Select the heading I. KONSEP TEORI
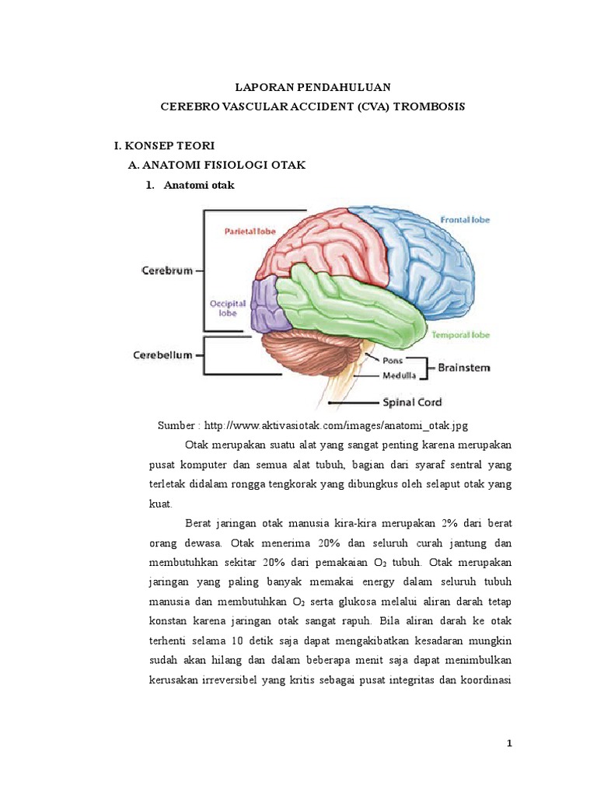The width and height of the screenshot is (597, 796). tap(164, 145)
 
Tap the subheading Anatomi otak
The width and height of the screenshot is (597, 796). tap(199, 186)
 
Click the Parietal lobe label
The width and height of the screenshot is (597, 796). tap(251, 231)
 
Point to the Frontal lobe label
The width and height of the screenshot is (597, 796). tap(465, 220)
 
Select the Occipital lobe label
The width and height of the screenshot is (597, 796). tap(227, 309)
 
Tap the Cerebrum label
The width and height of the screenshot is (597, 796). tap(167, 271)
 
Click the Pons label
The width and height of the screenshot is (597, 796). tap(393, 361)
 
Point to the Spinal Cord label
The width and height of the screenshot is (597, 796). tap(411, 403)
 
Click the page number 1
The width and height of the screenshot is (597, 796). tap(510, 744)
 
